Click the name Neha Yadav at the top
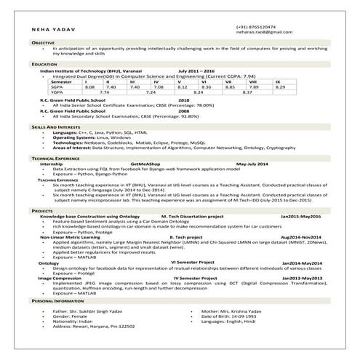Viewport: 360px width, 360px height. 54,29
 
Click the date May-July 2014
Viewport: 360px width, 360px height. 252,164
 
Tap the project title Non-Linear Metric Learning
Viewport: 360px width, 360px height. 71,237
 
